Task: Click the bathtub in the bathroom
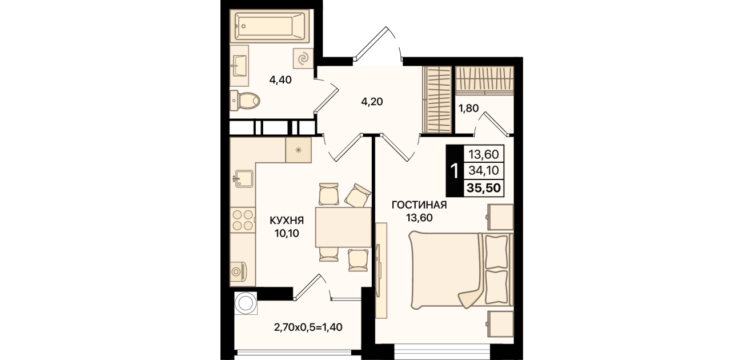[x=270, y=26]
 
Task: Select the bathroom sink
[x=239, y=66]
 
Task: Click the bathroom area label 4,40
[x=280, y=79]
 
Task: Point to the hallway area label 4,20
[x=372, y=102]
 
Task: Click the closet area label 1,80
[x=469, y=108]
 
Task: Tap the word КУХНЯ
[x=287, y=221]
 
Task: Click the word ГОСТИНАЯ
[x=419, y=205]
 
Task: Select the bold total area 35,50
[x=484, y=188]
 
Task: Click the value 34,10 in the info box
[x=484, y=170]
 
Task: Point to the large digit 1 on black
[x=455, y=171]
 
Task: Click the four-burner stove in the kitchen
[x=243, y=219]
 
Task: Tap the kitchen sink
[x=244, y=179]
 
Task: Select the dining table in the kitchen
[x=343, y=227]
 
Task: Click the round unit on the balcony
[x=246, y=303]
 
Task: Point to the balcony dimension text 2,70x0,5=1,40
[x=308, y=327]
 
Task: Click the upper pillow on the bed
[x=496, y=252]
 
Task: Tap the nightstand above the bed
[x=500, y=217]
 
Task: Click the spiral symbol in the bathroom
[x=303, y=59]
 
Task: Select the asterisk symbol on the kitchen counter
[x=298, y=150]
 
